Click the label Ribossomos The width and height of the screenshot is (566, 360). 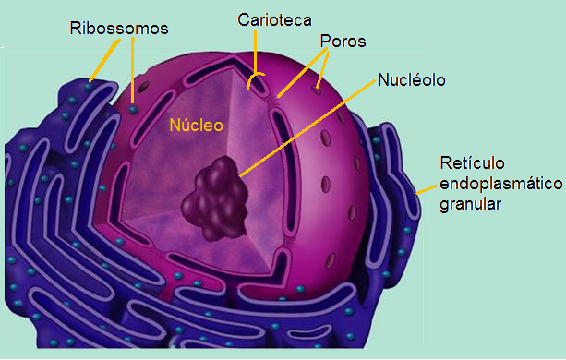(119, 28)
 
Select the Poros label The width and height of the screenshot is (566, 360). (343, 42)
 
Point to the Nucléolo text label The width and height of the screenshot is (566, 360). (412, 80)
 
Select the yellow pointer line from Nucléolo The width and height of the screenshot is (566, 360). (305, 128)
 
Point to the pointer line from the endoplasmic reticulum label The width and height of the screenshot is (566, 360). (427, 187)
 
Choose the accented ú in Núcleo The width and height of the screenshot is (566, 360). (176, 125)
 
